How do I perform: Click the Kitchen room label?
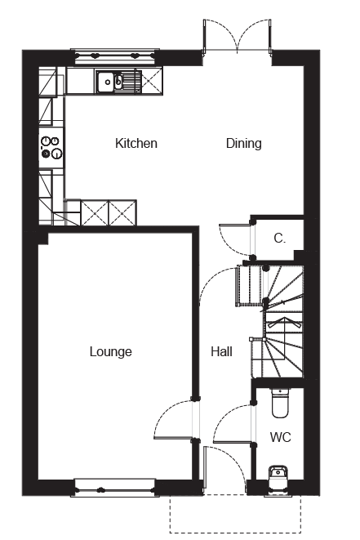coord(136,143)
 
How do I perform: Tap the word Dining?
coord(243,144)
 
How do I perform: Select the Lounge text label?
coord(110,351)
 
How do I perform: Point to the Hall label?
coord(221,351)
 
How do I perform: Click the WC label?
coord(281,437)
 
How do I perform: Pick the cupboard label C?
coord(279,239)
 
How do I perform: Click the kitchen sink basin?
coord(105,82)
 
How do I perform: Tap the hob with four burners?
coord(51,147)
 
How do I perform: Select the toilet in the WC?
coord(281,403)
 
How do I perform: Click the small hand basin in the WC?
coord(278,476)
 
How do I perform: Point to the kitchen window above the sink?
coord(115,56)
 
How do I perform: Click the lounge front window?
coord(114,488)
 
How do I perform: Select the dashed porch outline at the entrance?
coord(235,533)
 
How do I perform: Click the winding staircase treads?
coord(283,321)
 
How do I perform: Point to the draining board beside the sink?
coord(131,82)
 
